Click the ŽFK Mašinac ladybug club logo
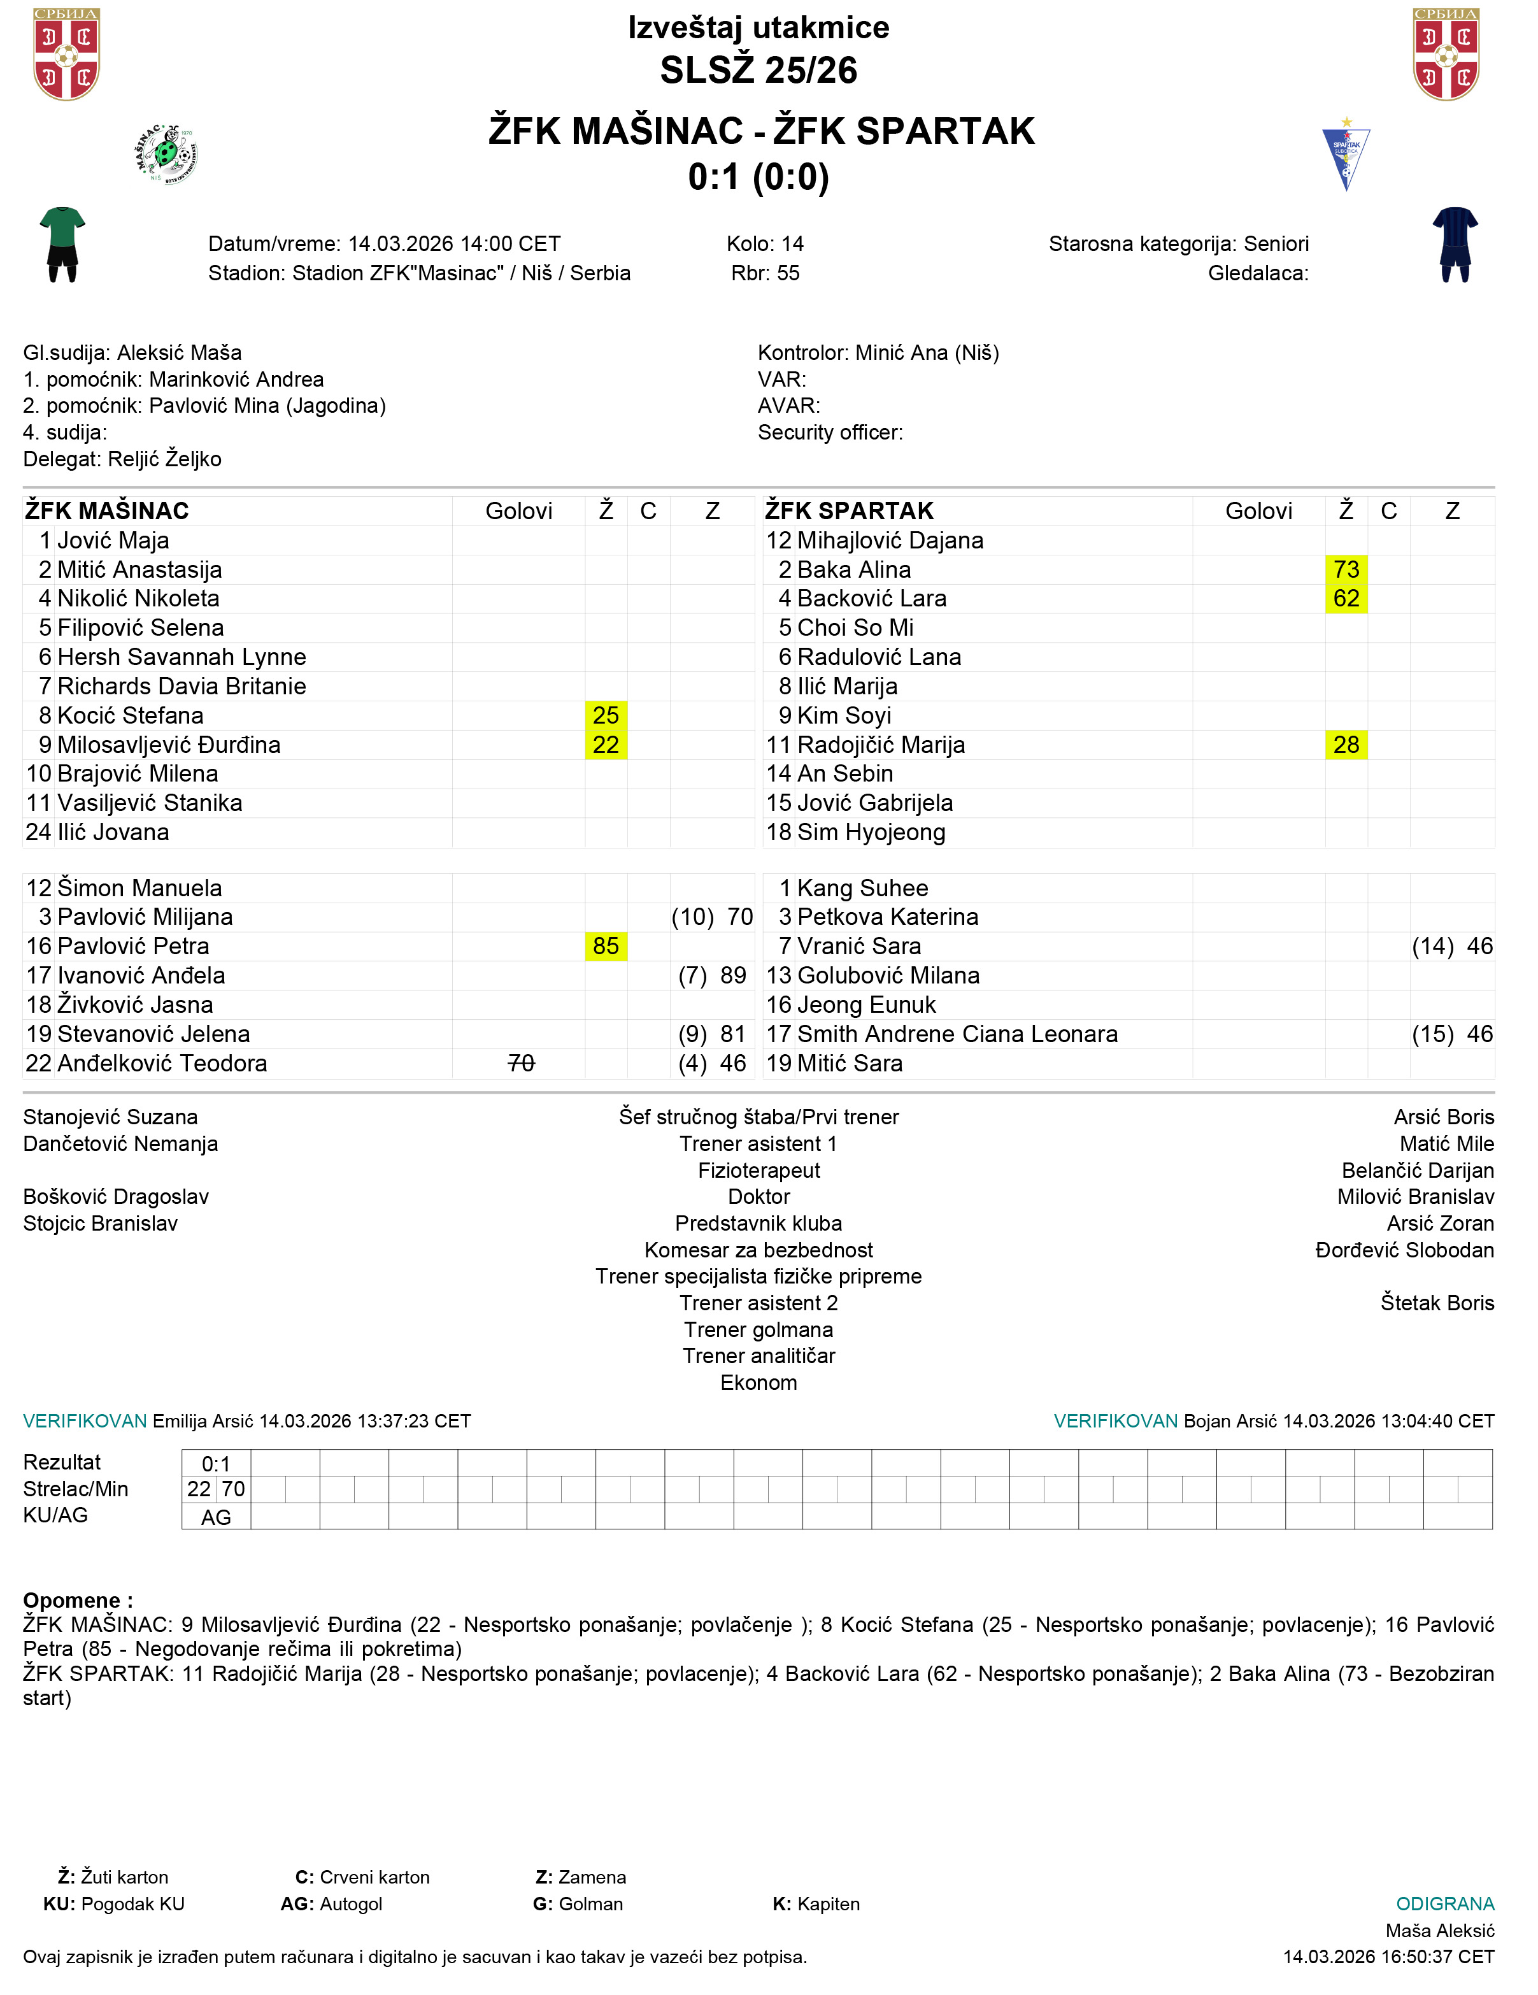[166, 154]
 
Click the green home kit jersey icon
[62, 244]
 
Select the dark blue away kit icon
[1455, 244]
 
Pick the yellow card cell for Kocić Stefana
[606, 715]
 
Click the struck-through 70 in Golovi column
[520, 1063]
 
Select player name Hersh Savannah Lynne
[181, 657]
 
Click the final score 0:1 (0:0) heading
[758, 177]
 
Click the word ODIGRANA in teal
[1445, 1904]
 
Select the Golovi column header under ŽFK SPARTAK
[1258, 511]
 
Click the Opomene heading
[78, 1600]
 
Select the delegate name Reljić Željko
[164, 459]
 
